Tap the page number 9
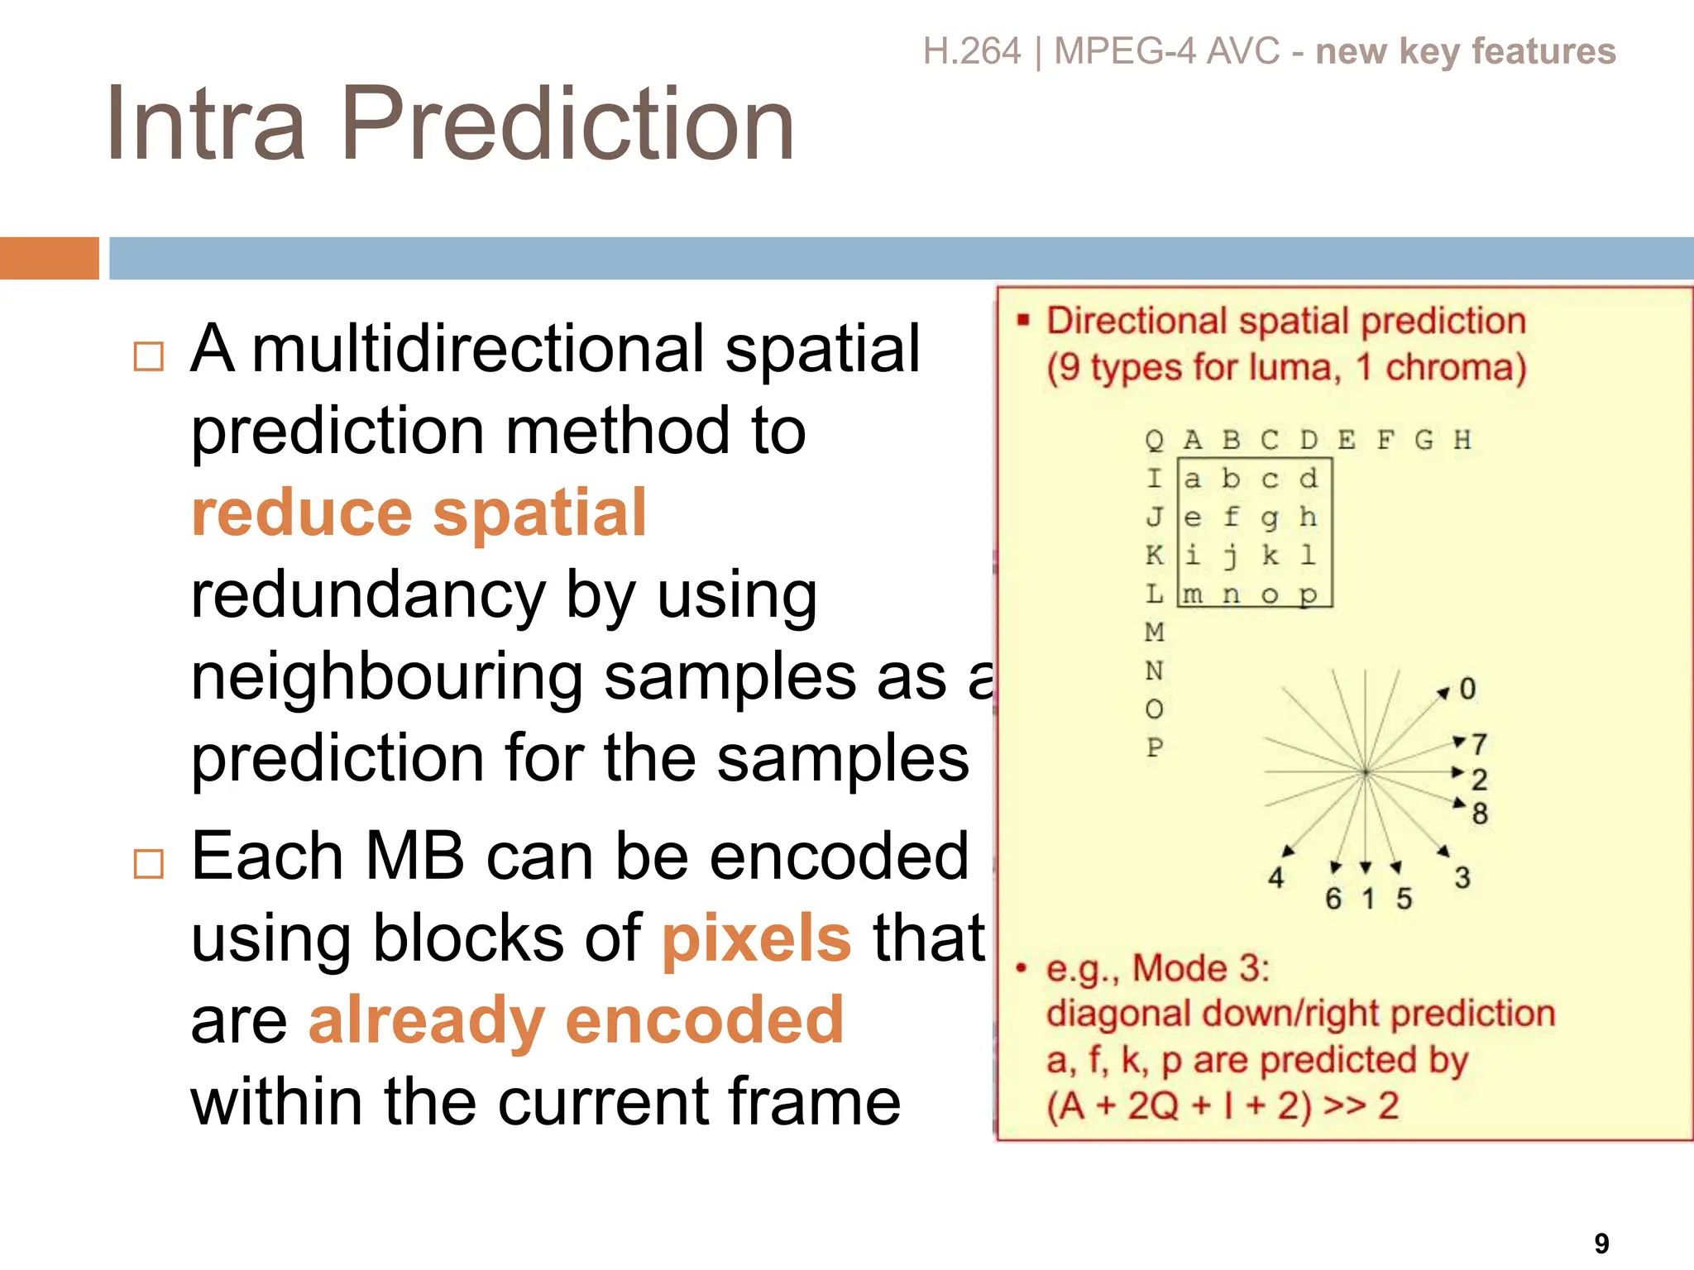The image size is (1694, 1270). coord(1601,1243)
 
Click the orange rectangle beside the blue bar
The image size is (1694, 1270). coord(49,258)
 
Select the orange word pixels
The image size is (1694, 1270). coord(756,938)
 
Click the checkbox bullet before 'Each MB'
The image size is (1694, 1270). coord(149,864)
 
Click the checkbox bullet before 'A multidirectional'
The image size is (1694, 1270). coord(149,356)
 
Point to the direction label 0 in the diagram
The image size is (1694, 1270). coord(1467,689)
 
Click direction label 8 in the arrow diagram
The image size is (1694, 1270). coord(1480,814)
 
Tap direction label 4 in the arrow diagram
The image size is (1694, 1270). coord(1276,877)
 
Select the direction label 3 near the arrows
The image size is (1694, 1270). coord(1462,877)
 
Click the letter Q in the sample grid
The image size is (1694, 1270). coord(1154,440)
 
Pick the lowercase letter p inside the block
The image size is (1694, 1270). coord(1308,594)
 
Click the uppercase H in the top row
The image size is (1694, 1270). coord(1462,440)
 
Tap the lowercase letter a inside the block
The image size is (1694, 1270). coord(1192,479)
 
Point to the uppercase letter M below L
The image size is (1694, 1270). coord(1155,633)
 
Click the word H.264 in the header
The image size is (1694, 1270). coord(972,51)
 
